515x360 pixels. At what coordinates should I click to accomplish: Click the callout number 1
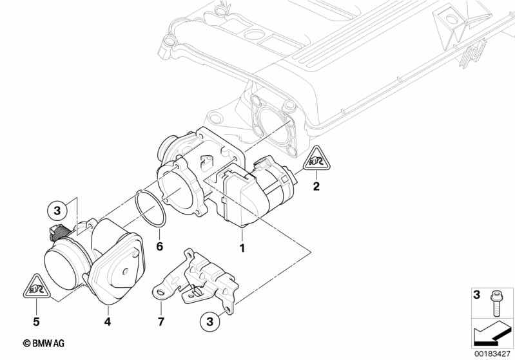click(242, 247)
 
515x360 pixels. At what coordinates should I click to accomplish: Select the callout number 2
click(316, 187)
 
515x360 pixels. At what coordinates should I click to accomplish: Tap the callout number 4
click(108, 320)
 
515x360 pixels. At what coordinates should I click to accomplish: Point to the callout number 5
click(37, 320)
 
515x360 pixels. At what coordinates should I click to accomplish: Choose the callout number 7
click(161, 320)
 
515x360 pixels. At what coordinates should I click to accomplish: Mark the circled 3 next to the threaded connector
click(57, 210)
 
